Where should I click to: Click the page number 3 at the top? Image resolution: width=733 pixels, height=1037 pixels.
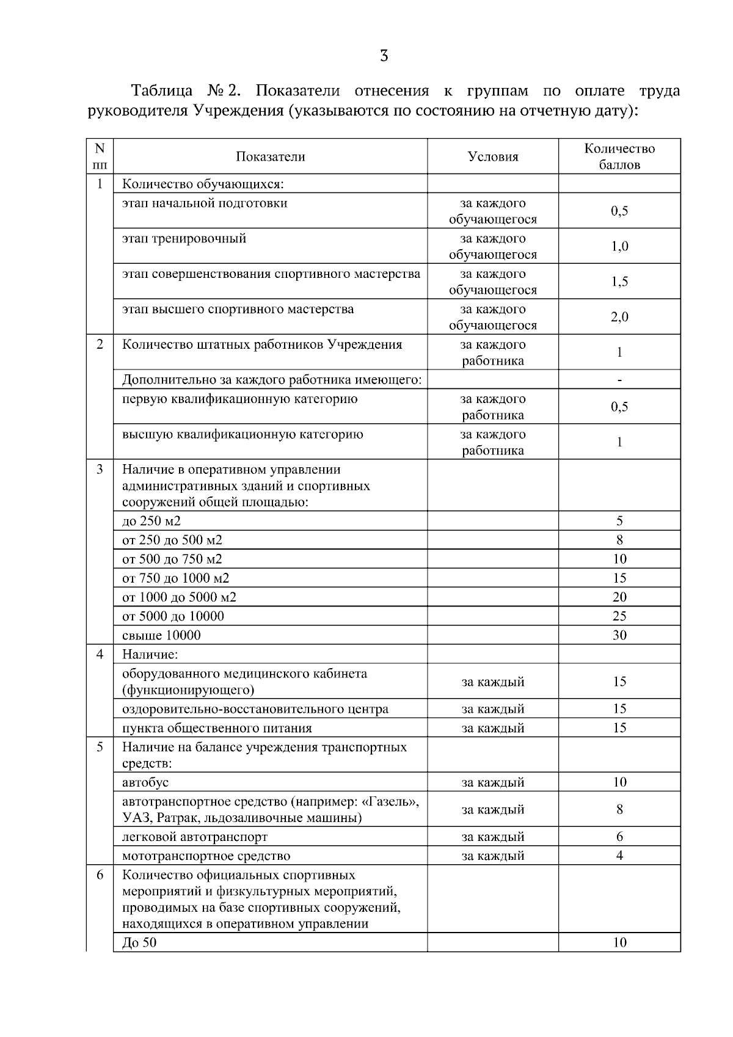click(x=384, y=57)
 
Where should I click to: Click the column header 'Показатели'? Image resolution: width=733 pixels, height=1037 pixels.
click(x=270, y=157)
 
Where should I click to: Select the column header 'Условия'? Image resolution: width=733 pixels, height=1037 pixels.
click(x=492, y=157)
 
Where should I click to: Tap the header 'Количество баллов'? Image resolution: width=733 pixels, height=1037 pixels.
click(x=619, y=157)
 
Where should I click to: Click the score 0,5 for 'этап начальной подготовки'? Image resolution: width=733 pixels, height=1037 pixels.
click(x=619, y=211)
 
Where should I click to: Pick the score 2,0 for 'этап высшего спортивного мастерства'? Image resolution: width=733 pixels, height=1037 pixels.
click(x=619, y=317)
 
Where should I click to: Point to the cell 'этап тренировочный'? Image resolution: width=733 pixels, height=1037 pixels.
click(x=184, y=239)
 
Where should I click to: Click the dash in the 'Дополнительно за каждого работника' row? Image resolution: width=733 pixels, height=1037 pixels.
click(x=619, y=380)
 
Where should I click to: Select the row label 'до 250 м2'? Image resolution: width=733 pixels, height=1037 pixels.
click(x=151, y=521)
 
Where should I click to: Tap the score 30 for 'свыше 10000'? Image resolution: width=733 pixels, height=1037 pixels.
click(x=619, y=635)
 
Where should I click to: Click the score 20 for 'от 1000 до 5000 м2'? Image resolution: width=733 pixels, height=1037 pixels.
click(x=619, y=597)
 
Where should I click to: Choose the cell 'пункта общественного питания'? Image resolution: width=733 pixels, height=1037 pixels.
click(x=217, y=728)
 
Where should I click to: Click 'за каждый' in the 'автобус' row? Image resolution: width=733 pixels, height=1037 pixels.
click(x=492, y=782)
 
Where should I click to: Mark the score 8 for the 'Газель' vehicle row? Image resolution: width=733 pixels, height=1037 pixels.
click(x=619, y=810)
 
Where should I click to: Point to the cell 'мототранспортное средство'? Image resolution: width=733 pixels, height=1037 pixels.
click(x=206, y=856)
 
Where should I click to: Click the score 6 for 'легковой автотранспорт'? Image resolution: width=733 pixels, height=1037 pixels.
click(x=619, y=837)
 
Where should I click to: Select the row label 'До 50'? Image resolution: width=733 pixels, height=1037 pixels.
click(x=139, y=942)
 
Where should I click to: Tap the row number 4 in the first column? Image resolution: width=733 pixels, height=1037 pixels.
click(x=100, y=655)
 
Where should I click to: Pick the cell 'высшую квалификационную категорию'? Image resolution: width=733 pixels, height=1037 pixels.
click(x=243, y=435)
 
